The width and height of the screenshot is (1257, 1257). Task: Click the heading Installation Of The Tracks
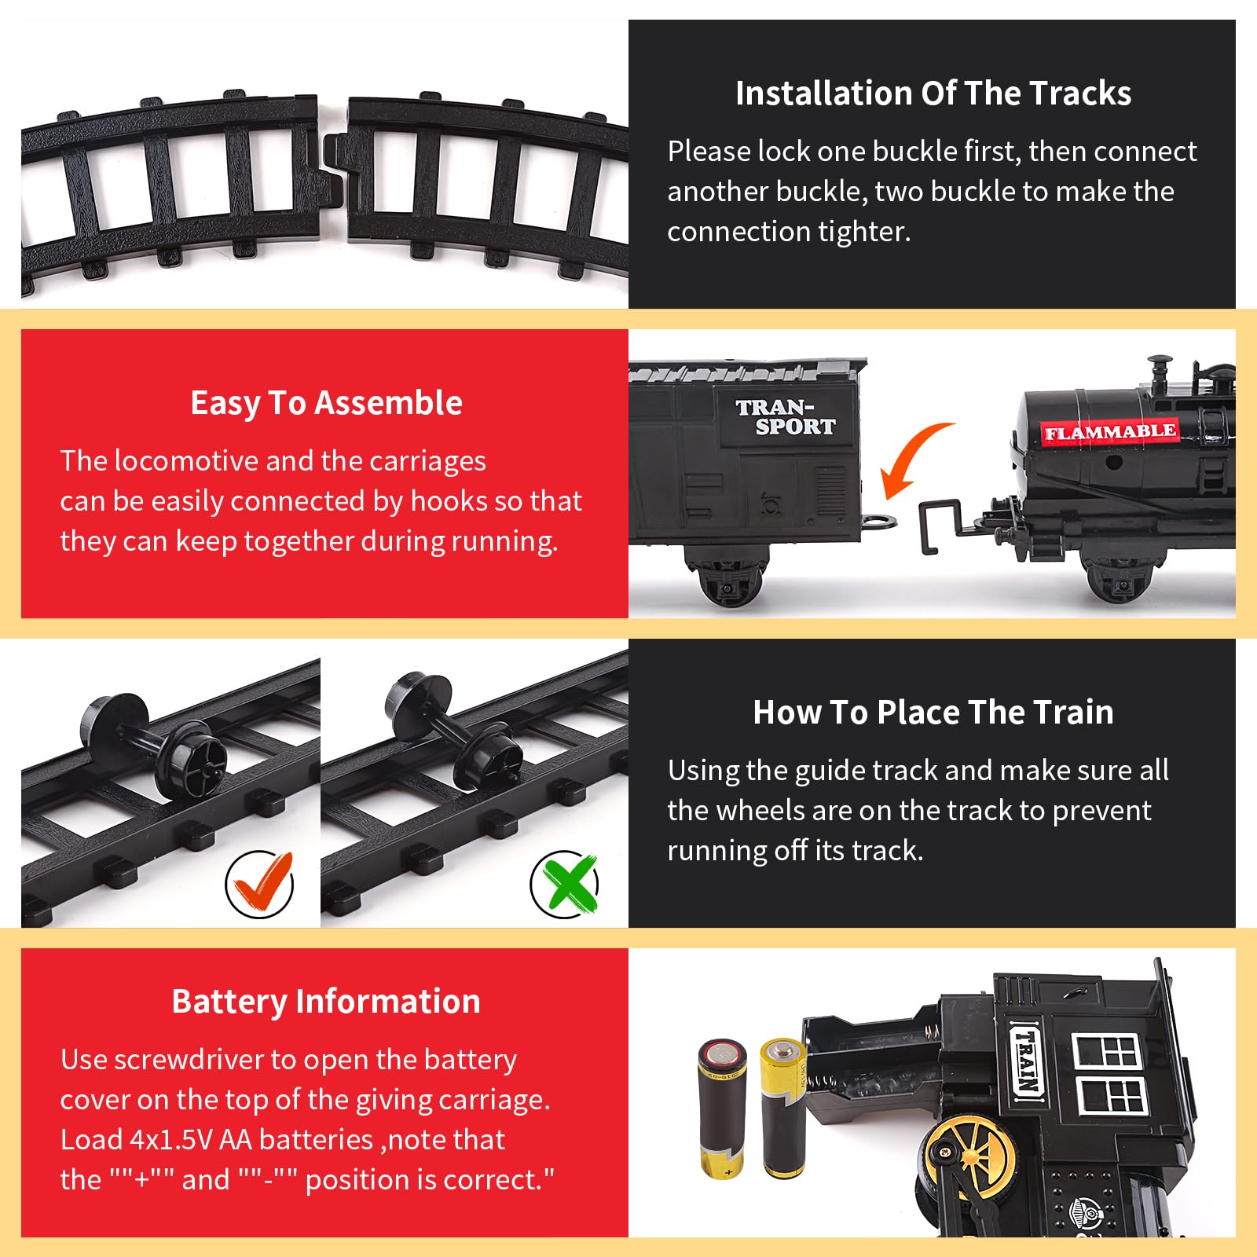[933, 93]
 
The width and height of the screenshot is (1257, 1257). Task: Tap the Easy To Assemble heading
[326, 403]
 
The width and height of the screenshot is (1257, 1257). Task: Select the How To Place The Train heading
[933, 713]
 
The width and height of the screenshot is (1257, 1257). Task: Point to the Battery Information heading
[326, 1002]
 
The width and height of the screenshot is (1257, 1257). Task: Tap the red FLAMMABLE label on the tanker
[1109, 432]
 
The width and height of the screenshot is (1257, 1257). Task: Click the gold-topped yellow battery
[782, 1108]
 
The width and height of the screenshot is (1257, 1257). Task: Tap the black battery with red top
[723, 1109]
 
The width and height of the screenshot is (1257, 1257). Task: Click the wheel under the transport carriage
[727, 581]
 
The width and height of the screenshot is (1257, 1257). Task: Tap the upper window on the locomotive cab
[1106, 1051]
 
